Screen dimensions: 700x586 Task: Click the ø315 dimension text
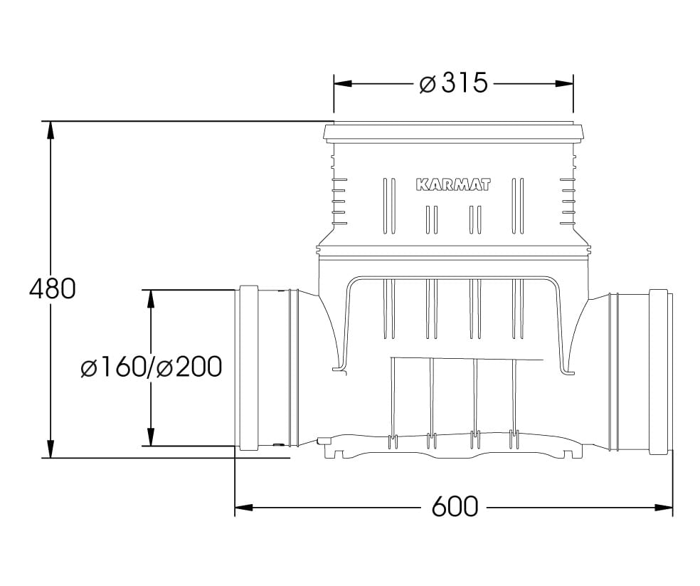(453, 83)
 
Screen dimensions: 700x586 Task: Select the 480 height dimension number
(52, 289)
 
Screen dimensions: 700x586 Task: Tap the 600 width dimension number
(455, 507)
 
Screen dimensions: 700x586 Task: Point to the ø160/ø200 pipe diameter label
(151, 367)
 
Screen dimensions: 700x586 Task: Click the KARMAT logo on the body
(453, 184)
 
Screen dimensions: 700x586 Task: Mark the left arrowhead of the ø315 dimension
(343, 83)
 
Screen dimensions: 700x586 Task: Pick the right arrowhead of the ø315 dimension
(564, 83)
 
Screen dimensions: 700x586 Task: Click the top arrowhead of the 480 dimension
(51, 130)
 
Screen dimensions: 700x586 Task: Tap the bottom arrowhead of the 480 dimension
(51, 449)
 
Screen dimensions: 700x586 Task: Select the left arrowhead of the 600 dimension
(244, 508)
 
